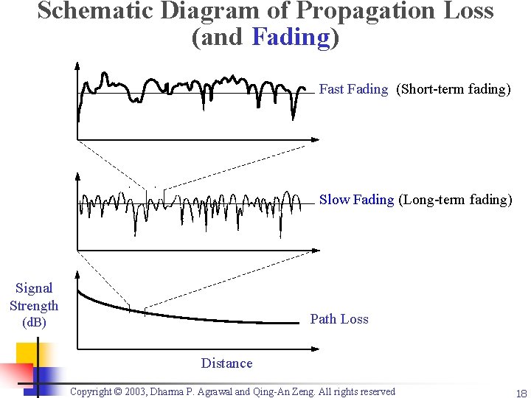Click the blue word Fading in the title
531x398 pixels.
click(291, 37)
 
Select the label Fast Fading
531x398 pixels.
click(353, 89)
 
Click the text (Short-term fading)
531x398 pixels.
click(453, 89)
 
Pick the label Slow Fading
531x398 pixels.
click(356, 199)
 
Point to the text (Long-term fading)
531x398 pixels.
click(455, 199)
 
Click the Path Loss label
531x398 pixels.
click(339, 318)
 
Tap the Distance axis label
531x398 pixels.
click(226, 363)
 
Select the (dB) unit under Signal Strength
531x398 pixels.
click(34, 323)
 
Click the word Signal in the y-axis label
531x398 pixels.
click(34, 288)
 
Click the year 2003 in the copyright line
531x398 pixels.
click(141, 391)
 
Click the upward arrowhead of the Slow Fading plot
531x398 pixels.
click(77, 177)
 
